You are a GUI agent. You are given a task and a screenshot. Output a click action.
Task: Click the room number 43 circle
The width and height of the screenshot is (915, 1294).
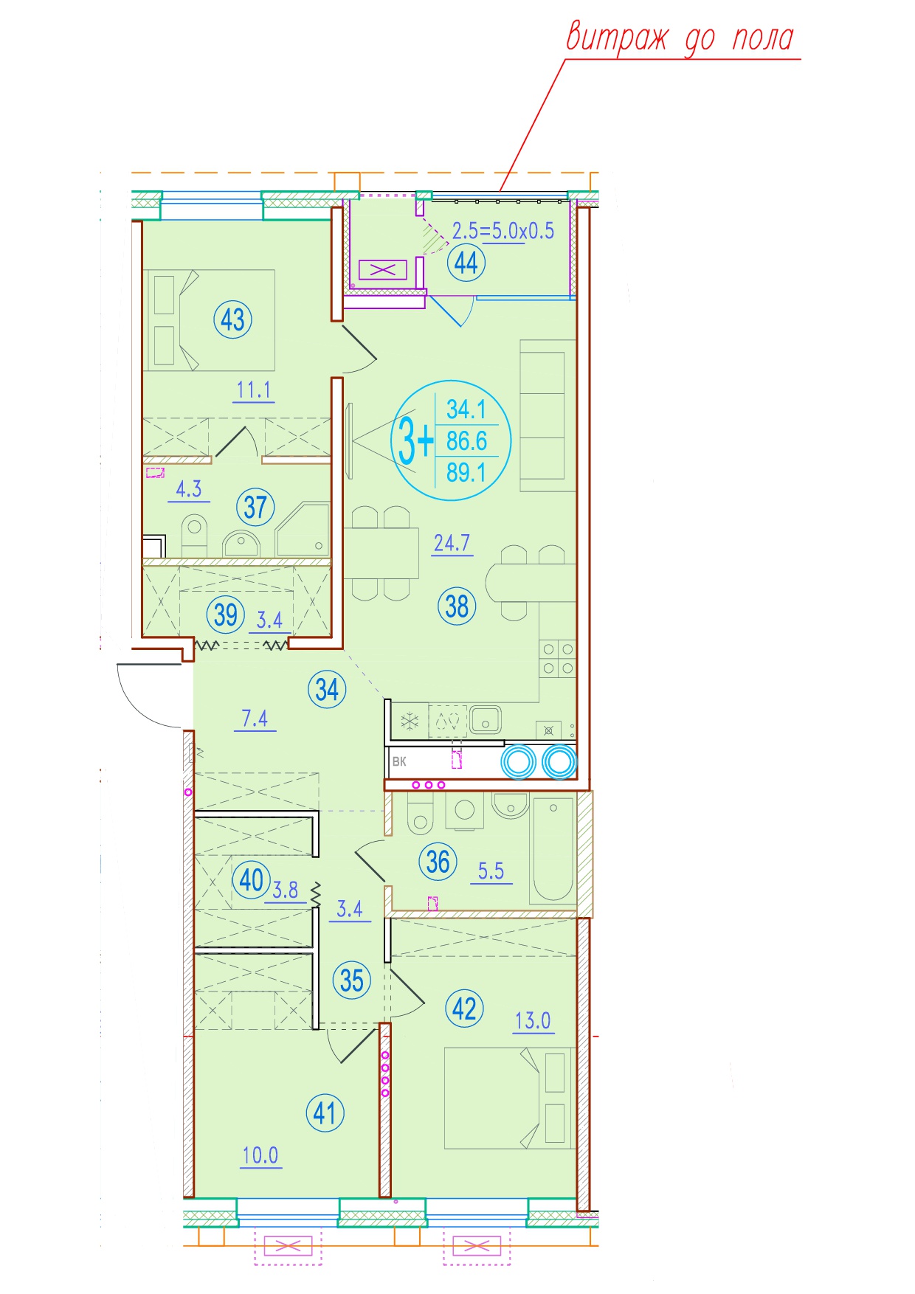click(232, 320)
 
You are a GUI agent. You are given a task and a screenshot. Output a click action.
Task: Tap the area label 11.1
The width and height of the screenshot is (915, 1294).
click(254, 390)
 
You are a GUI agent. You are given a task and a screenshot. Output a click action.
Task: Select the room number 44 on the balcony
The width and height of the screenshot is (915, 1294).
click(466, 263)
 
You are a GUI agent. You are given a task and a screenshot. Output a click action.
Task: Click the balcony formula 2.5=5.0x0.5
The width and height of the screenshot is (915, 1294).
click(503, 231)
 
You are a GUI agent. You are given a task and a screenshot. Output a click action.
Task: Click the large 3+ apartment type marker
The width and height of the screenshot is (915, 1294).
click(415, 440)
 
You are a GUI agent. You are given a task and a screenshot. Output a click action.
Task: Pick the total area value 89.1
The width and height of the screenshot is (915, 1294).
click(466, 472)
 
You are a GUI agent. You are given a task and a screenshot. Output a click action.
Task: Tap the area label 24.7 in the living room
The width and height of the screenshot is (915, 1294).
click(452, 544)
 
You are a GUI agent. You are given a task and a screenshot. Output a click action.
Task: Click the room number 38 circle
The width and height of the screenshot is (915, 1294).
click(457, 606)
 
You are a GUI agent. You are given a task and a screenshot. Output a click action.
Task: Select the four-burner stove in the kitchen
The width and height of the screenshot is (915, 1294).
click(557, 659)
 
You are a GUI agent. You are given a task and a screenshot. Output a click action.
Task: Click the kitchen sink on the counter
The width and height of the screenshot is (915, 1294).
click(485, 719)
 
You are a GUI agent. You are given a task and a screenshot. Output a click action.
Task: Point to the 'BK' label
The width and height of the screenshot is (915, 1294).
click(399, 761)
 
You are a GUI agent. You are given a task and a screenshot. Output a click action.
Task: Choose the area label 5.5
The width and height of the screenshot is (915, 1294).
click(491, 871)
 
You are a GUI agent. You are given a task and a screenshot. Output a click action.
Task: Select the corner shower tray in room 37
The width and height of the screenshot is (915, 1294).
click(303, 530)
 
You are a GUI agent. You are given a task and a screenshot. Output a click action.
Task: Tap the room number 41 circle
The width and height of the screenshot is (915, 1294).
click(325, 1113)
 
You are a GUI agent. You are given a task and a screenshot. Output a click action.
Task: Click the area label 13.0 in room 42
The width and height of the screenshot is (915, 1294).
click(533, 1021)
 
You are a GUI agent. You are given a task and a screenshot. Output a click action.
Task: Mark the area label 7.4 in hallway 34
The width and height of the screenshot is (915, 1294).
click(255, 719)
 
